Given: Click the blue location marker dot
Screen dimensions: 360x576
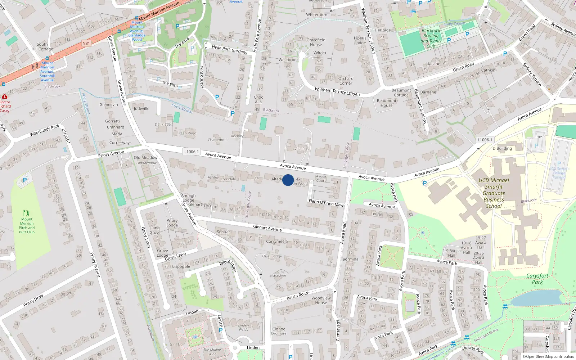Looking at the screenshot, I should [288, 180].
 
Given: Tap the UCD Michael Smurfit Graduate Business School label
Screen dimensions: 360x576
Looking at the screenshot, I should [494, 193].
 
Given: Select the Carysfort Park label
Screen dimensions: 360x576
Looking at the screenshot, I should [537, 279].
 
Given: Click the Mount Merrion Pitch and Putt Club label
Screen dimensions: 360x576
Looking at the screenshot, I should [27, 226].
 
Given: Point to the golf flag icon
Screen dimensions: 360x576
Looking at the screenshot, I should [26, 213].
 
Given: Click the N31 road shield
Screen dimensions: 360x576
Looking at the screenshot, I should [86, 44].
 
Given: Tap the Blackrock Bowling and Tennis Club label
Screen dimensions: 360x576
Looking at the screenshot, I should [431, 39].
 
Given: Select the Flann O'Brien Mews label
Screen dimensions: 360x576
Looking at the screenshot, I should [327, 203].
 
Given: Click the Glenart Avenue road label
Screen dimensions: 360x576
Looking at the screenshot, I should [267, 228].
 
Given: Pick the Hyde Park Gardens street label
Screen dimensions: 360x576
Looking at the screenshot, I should [229, 49].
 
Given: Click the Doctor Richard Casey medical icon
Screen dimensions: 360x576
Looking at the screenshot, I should [4, 97].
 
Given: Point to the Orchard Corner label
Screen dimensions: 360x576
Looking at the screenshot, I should [346, 81].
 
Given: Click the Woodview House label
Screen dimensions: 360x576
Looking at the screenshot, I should [321, 300].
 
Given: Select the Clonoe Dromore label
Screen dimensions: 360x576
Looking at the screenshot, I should [279, 331].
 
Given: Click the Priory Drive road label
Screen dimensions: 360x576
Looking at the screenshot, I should [33, 300].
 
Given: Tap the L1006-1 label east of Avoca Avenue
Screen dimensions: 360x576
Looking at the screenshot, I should [485, 140].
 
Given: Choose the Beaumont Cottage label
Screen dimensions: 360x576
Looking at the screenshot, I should [401, 93].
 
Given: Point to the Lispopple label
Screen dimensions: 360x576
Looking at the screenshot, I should [181, 266].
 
